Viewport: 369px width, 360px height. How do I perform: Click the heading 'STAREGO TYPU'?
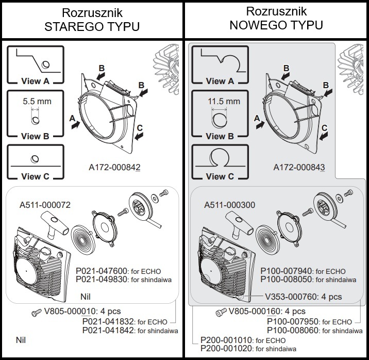pyautogui.click(x=92, y=26)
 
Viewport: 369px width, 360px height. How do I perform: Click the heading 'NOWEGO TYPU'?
pyautogui.click(x=277, y=25)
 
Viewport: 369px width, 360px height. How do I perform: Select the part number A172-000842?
pyautogui.click(x=115, y=168)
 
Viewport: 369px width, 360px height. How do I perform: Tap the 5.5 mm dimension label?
pyautogui.click(x=37, y=101)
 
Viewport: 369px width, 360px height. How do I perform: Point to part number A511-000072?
pyautogui.click(x=45, y=205)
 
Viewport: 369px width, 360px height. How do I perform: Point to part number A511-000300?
pyautogui.click(x=229, y=205)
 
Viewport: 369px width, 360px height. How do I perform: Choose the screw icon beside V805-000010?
pyautogui.click(x=36, y=312)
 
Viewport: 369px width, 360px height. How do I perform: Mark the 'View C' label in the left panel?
pyautogui.click(x=36, y=176)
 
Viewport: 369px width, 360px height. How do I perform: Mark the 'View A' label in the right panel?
pyautogui.click(x=220, y=81)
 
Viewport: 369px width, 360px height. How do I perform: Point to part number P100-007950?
pyautogui.click(x=292, y=321)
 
